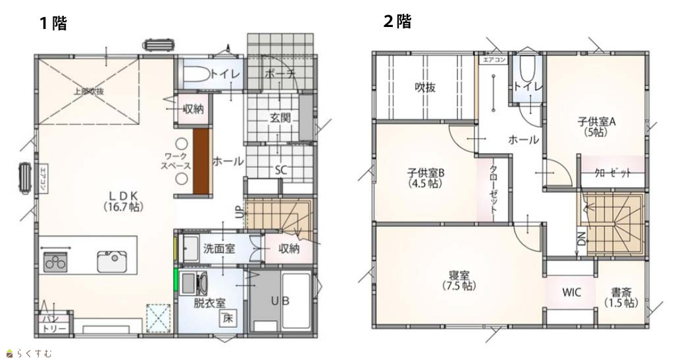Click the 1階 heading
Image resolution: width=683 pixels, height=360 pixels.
point(53,23)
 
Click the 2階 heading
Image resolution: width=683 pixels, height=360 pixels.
point(397,21)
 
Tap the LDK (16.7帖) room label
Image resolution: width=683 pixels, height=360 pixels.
point(124,201)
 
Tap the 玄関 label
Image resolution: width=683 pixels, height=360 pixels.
point(280,117)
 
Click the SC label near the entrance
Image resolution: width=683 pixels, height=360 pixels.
point(281,170)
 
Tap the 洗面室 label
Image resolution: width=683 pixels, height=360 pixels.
point(219,248)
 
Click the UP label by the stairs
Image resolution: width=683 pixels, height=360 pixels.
point(239,211)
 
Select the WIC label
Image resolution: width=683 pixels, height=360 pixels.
point(571,292)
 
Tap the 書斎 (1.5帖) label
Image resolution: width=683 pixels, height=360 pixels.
point(620,297)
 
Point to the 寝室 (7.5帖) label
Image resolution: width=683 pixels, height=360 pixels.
point(459,280)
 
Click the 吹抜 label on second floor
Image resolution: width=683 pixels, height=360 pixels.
point(424,88)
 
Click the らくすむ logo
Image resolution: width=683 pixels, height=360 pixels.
point(30,353)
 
